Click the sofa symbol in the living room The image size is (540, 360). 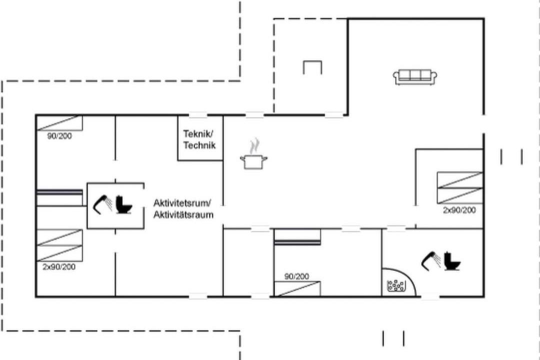[x=415, y=77]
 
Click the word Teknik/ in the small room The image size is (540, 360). [x=198, y=133]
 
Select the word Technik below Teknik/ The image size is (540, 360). [x=199, y=145]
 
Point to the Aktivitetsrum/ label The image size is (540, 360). [x=182, y=202]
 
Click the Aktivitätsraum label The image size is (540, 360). [x=183, y=214]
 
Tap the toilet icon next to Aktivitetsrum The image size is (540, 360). [x=123, y=204]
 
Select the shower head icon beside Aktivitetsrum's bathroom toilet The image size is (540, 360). [x=102, y=204]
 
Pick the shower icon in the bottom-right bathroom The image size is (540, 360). [x=431, y=261]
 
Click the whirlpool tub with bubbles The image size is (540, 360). [x=396, y=285]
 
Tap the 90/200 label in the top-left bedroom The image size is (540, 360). [x=59, y=136]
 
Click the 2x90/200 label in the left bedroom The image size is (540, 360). [x=59, y=267]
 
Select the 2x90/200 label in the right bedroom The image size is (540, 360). [x=459, y=210]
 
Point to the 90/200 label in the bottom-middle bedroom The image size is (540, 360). [x=296, y=276]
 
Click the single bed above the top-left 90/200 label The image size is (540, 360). [x=59, y=123]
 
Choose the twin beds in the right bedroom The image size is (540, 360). [x=460, y=188]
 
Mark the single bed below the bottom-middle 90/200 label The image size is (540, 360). [x=297, y=288]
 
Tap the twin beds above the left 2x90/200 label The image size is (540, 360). [x=59, y=245]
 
